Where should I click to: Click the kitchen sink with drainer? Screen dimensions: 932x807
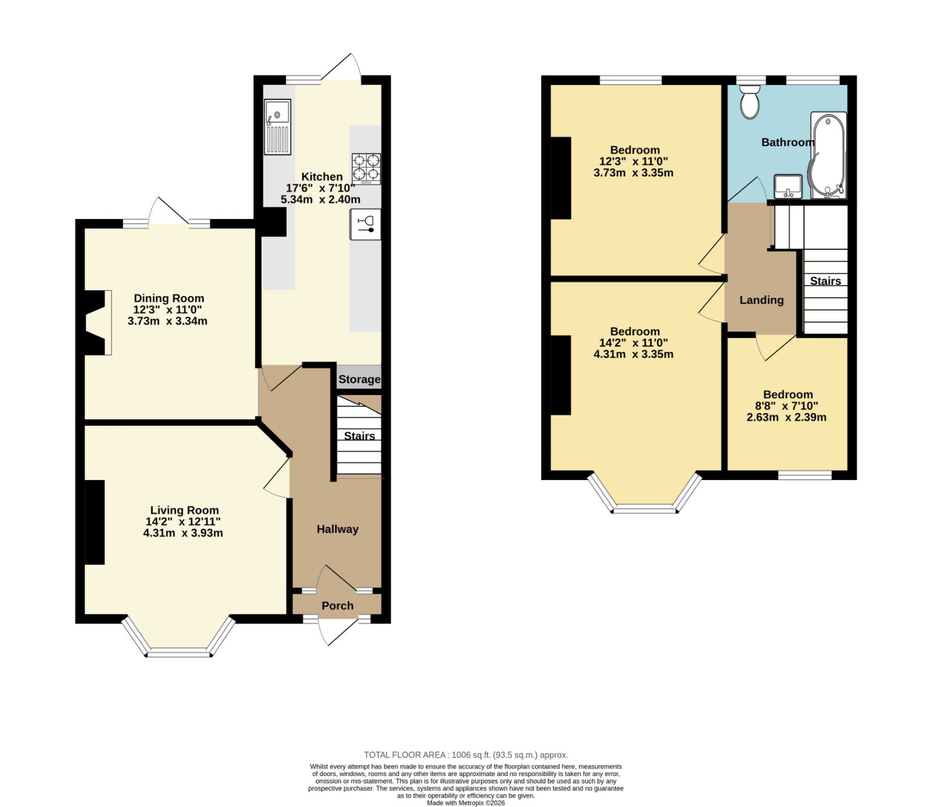coord(277,128)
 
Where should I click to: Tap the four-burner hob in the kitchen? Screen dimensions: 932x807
coord(366,169)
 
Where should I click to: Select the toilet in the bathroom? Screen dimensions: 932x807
coord(750,101)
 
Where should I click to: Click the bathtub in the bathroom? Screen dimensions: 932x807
coord(827,157)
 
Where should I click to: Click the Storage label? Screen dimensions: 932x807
coord(359,379)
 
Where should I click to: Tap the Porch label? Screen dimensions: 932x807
coord(337,605)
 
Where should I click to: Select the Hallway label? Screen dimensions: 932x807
coord(337,529)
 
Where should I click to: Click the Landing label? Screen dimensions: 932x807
coord(761,300)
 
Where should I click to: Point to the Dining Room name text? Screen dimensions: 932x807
coord(169,298)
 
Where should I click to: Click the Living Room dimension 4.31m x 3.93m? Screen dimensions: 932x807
coord(183,533)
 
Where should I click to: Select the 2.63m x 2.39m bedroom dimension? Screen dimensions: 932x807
coord(786,417)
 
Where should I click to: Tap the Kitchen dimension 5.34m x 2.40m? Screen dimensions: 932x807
coord(320,199)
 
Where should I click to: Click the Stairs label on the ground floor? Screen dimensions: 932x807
coord(359,436)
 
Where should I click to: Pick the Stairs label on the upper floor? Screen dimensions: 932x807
coord(825,281)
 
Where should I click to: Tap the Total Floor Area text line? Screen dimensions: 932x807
coord(466,755)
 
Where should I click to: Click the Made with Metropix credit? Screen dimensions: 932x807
coord(466,803)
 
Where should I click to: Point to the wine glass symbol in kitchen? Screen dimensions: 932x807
coord(366,224)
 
